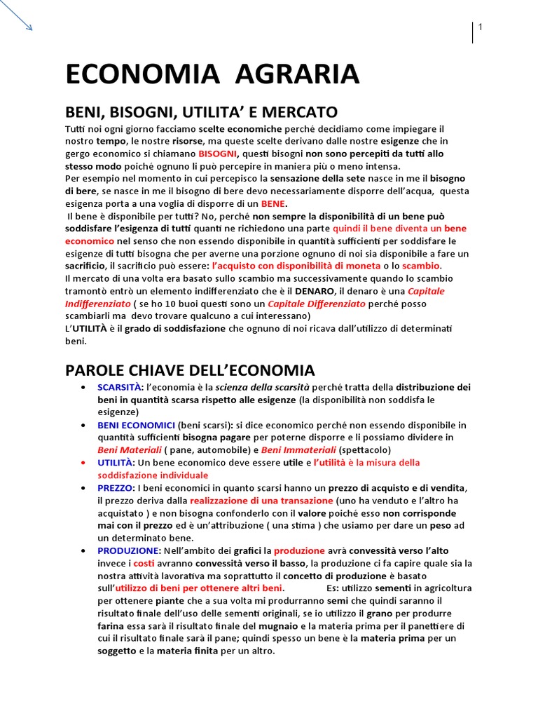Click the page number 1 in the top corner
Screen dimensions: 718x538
click(x=481, y=27)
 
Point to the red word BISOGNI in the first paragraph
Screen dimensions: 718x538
click(x=218, y=154)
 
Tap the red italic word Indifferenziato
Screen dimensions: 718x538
click(x=98, y=304)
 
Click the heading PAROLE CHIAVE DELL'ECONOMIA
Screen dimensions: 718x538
click(x=190, y=370)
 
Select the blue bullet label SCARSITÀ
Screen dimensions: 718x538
click(x=119, y=387)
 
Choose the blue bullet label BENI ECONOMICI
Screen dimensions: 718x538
click(x=136, y=425)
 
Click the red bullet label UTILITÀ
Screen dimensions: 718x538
click(x=115, y=463)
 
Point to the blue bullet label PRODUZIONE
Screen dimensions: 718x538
click(x=129, y=551)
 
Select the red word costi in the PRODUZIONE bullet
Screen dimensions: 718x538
click(x=144, y=564)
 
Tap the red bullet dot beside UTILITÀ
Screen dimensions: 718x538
click(x=84, y=463)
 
